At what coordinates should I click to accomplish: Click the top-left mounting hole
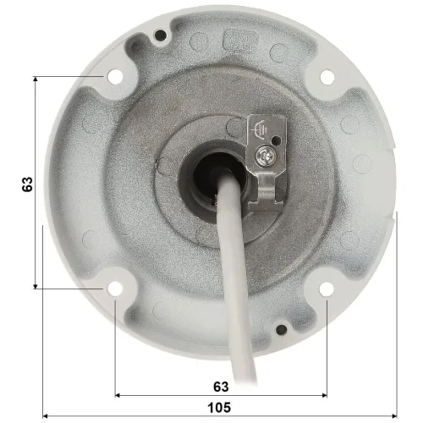click(113, 76)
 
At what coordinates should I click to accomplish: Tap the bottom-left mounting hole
click(113, 289)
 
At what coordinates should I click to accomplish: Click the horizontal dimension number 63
click(221, 387)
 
